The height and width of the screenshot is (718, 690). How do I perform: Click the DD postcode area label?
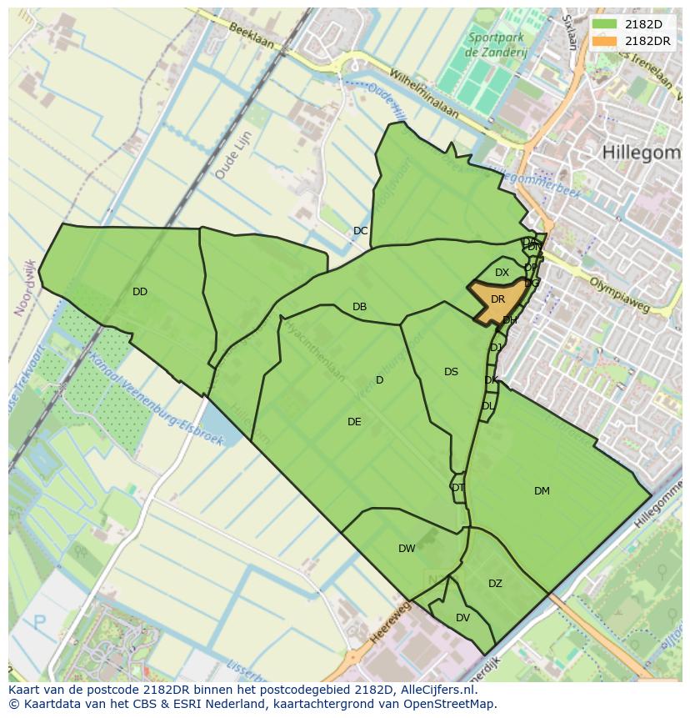pyautogui.click(x=139, y=292)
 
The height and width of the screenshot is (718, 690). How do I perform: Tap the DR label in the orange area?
pyautogui.click(x=497, y=299)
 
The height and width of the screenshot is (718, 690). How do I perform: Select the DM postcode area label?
pyautogui.click(x=542, y=491)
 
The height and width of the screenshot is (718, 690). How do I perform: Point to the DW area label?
pyautogui.click(x=407, y=549)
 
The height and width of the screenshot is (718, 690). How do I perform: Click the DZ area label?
pyautogui.click(x=495, y=584)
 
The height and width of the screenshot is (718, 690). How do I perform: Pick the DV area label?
pyautogui.click(x=462, y=618)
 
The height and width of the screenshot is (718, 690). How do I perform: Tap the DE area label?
pyautogui.click(x=354, y=422)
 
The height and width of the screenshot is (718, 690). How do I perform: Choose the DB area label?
pyautogui.click(x=359, y=307)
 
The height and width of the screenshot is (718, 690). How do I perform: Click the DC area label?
pyautogui.click(x=360, y=231)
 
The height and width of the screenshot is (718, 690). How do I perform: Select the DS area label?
pyautogui.click(x=451, y=372)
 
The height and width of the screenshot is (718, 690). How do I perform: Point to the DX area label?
pyautogui.click(x=502, y=273)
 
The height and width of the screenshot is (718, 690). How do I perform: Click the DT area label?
pyautogui.click(x=457, y=488)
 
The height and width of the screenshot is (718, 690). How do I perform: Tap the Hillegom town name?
pyautogui.click(x=641, y=152)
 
